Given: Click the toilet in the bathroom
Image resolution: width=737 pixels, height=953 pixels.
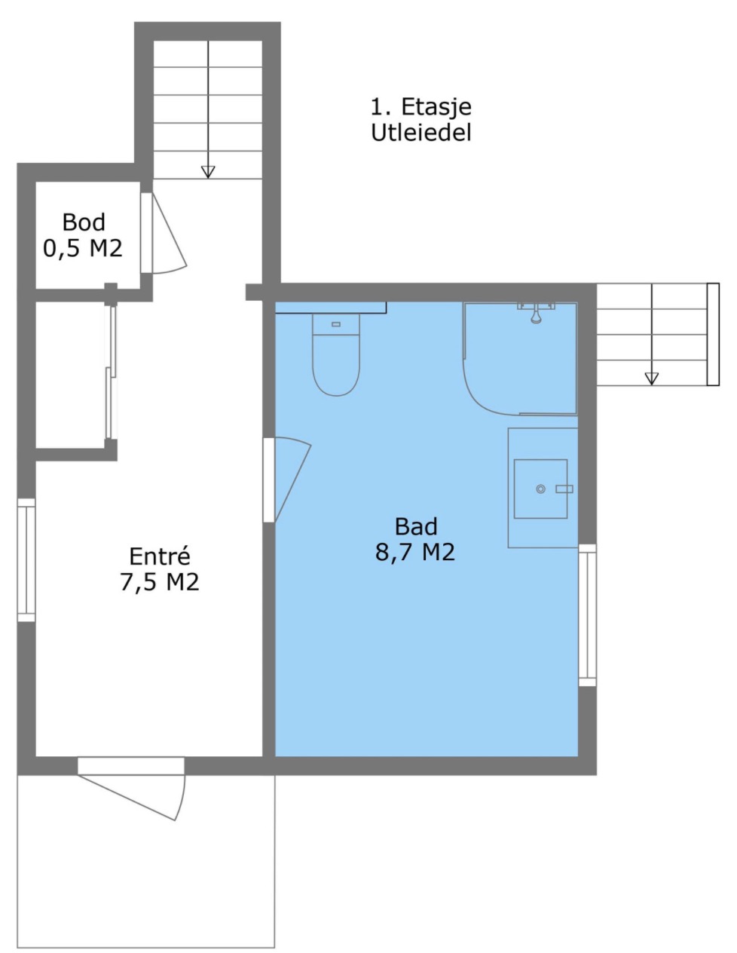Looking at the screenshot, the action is pyautogui.click(x=335, y=354).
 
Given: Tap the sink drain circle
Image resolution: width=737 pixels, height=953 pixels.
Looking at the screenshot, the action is pyautogui.click(x=541, y=489).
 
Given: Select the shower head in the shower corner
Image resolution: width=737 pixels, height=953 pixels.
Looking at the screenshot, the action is pyautogui.click(x=536, y=313).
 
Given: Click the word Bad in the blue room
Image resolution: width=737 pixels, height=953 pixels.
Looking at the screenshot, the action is pyautogui.click(x=416, y=527).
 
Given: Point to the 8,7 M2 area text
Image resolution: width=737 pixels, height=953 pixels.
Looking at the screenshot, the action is pyautogui.click(x=415, y=552).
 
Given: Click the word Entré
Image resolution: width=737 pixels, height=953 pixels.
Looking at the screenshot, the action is pyautogui.click(x=160, y=556).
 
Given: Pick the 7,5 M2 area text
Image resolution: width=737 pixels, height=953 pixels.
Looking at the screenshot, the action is pyautogui.click(x=160, y=582).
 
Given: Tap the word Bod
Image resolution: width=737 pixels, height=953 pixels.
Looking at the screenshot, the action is pyautogui.click(x=84, y=222).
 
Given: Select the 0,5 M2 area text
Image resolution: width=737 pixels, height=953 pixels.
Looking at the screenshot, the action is pyautogui.click(x=83, y=248).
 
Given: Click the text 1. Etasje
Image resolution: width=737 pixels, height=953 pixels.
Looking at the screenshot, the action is pyautogui.click(x=421, y=106).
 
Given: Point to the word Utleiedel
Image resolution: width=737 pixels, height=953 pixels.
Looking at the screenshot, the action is pyautogui.click(x=421, y=132).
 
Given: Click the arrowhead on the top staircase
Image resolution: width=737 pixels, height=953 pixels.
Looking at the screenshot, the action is pyautogui.click(x=208, y=172).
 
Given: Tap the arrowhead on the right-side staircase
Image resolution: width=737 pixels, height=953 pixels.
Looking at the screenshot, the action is pyautogui.click(x=652, y=378).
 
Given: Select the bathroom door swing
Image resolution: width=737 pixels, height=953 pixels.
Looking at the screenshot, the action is pyautogui.click(x=292, y=479).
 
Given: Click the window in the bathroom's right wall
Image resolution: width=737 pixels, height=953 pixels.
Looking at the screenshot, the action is pyautogui.click(x=587, y=615).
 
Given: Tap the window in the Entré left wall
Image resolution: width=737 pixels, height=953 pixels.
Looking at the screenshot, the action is pyautogui.click(x=26, y=559).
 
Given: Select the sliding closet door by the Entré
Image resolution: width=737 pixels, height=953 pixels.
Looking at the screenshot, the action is pyautogui.click(x=111, y=372).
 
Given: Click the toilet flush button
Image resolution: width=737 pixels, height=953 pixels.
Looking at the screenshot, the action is pyautogui.click(x=336, y=324).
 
